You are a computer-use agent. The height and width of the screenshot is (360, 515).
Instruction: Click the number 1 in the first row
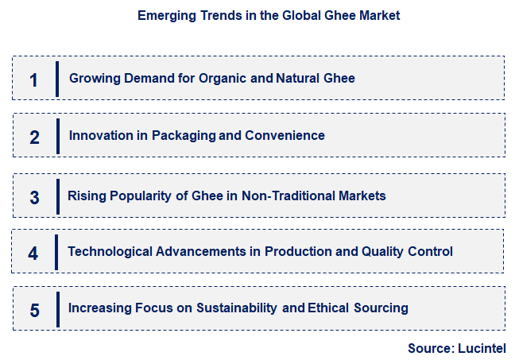pos(33,79)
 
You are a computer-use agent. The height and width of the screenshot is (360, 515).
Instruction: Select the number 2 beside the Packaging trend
pos(34,137)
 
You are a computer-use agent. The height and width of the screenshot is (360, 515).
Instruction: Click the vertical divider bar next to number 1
pos(57,79)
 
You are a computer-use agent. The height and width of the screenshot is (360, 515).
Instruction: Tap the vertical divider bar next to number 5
pos(57,308)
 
